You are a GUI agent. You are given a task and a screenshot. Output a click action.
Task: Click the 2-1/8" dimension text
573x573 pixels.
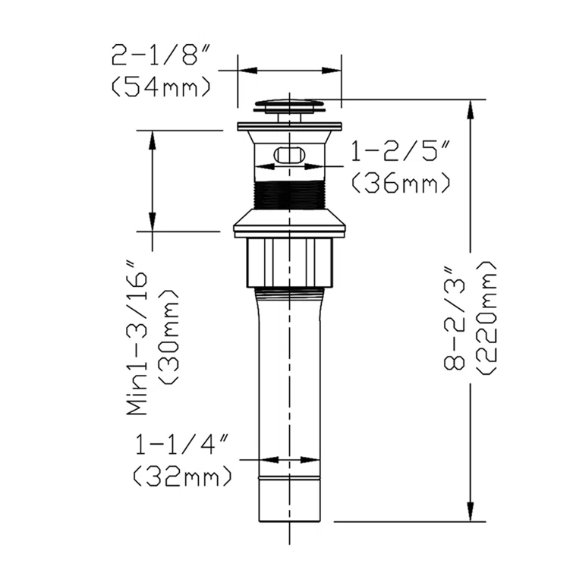(x=160, y=56)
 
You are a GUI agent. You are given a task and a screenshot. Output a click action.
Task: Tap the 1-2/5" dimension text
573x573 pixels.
(x=400, y=153)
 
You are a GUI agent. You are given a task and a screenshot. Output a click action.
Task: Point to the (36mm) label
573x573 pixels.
(x=401, y=183)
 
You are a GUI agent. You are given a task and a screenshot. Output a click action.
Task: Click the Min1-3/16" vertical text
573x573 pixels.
(x=137, y=338)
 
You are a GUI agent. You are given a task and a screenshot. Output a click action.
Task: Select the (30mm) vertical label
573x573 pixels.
(x=168, y=338)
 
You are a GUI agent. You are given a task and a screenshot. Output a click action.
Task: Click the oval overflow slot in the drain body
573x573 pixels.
(x=290, y=155)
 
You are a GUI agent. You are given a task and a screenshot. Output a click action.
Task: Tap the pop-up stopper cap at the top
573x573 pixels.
(x=290, y=104)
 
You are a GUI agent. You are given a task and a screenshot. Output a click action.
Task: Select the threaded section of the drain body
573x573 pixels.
(x=290, y=196)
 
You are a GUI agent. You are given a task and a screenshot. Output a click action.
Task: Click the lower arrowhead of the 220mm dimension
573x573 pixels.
(x=472, y=513)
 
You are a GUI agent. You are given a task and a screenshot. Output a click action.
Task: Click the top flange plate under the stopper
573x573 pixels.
(x=290, y=125)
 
